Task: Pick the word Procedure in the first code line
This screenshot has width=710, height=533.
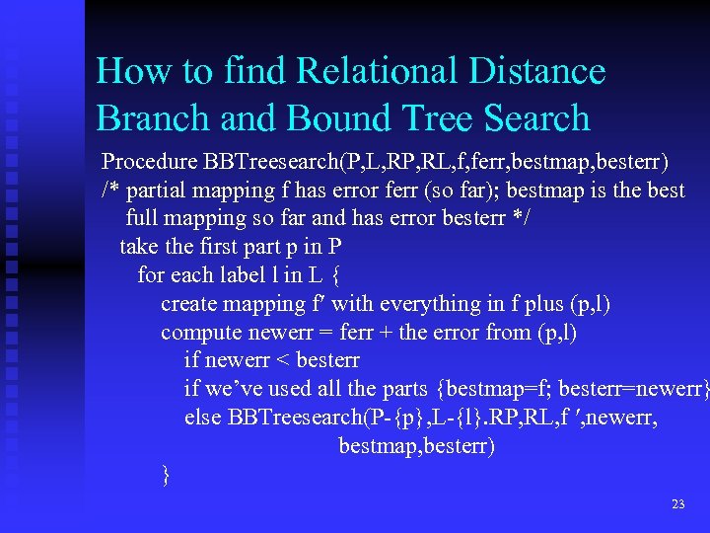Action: tap(149, 161)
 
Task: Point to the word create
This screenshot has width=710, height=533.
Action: tap(190, 304)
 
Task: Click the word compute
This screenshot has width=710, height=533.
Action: tap(200, 333)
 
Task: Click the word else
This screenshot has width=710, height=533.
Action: tap(202, 418)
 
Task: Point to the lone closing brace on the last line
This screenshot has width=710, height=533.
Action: tap(166, 476)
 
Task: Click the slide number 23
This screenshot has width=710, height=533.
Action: tap(677, 504)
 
